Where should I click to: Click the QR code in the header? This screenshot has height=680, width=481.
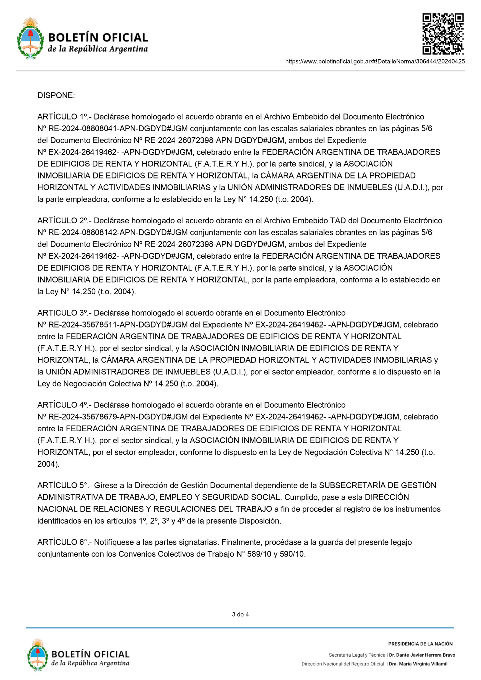point(443,34)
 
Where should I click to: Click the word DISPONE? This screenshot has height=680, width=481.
point(56,95)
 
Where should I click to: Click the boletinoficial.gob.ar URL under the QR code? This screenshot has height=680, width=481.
point(375,61)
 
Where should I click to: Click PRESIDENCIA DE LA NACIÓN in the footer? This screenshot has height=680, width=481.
point(420,644)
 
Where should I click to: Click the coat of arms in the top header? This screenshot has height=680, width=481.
point(29,39)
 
